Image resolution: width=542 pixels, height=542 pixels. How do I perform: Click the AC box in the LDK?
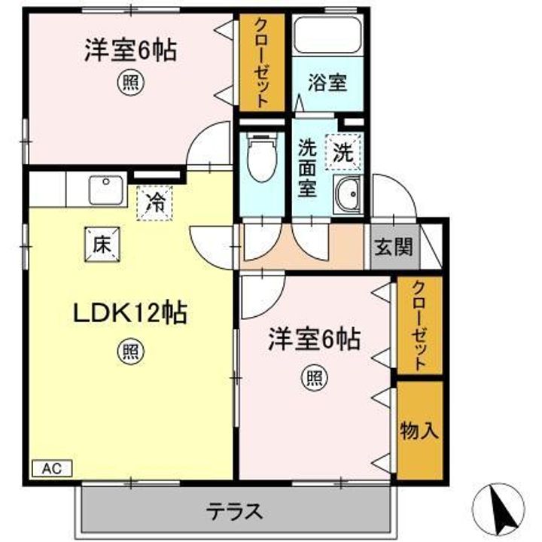[52, 468]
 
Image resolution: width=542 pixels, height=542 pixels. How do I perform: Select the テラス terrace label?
[234, 512]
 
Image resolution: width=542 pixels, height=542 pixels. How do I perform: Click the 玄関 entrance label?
[394, 247]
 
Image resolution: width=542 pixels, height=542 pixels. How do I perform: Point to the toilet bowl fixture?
[263, 157]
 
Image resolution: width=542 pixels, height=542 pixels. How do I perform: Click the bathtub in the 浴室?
[328, 35]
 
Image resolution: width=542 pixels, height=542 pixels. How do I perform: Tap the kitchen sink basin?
[106, 190]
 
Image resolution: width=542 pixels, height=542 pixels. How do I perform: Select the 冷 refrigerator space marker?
[154, 203]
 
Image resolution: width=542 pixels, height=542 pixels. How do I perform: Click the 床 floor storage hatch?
[102, 245]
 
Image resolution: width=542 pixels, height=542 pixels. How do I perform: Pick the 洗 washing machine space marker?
[343, 152]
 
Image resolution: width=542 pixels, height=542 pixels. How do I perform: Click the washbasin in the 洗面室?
[347, 194]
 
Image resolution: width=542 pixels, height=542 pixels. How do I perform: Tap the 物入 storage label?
[419, 431]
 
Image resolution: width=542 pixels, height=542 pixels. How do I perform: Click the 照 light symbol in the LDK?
[130, 352]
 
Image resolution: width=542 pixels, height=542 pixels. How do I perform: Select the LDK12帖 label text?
[130, 313]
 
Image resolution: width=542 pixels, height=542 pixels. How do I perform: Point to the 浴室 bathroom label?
[327, 83]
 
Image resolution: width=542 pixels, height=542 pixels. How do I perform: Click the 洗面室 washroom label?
[308, 167]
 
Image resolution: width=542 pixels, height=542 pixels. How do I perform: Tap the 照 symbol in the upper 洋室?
[130, 83]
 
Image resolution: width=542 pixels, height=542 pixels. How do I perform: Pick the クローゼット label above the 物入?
[419, 326]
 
